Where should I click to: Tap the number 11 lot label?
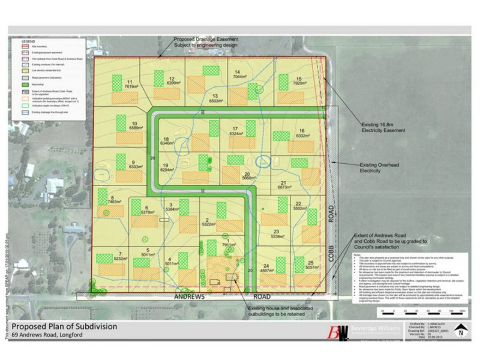tap(130, 82)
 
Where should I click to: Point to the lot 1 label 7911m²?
tap(229, 245)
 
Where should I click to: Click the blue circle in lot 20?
tap(263, 160)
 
